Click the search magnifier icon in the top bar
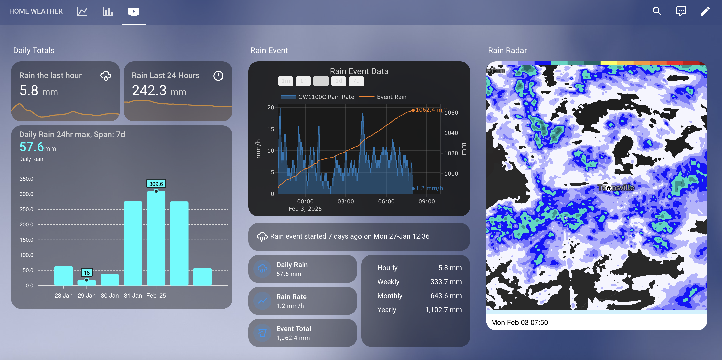click(x=657, y=11)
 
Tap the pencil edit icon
click(x=705, y=11)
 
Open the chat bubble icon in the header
click(x=681, y=11)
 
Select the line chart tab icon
click(x=82, y=11)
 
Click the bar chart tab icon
click(x=108, y=11)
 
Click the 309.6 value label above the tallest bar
click(x=156, y=184)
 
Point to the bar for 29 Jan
click(x=87, y=283)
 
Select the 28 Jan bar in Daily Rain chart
click(x=63, y=276)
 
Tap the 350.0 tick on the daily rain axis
click(x=26, y=179)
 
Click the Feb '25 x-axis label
click(x=156, y=296)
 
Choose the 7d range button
click(x=356, y=81)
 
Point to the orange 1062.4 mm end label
click(x=431, y=110)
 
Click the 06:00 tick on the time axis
click(x=386, y=201)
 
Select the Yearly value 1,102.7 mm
click(x=443, y=310)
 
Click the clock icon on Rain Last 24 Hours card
click(x=218, y=76)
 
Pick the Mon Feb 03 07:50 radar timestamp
click(x=519, y=322)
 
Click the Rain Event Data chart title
click(x=359, y=71)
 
